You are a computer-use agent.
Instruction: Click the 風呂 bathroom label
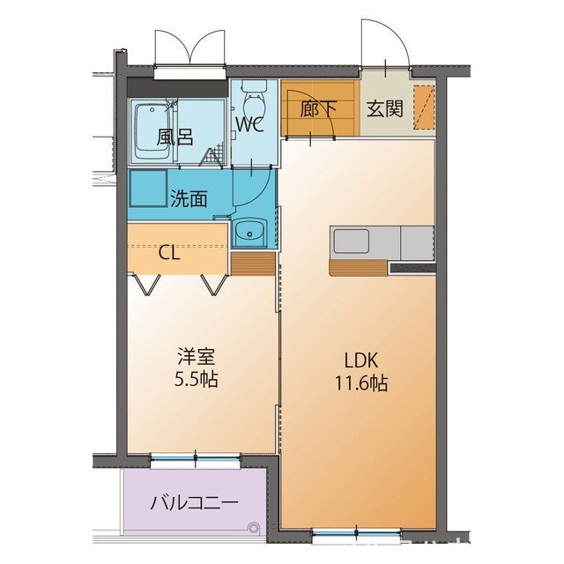(174, 137)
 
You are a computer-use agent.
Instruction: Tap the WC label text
(249, 124)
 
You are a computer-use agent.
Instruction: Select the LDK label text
(361, 360)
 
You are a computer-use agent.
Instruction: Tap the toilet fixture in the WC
(255, 94)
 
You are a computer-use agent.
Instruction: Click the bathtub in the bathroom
(151, 131)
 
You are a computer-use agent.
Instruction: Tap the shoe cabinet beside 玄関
(424, 107)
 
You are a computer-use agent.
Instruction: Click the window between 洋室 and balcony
(195, 459)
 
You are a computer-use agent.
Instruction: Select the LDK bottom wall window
(357, 532)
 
